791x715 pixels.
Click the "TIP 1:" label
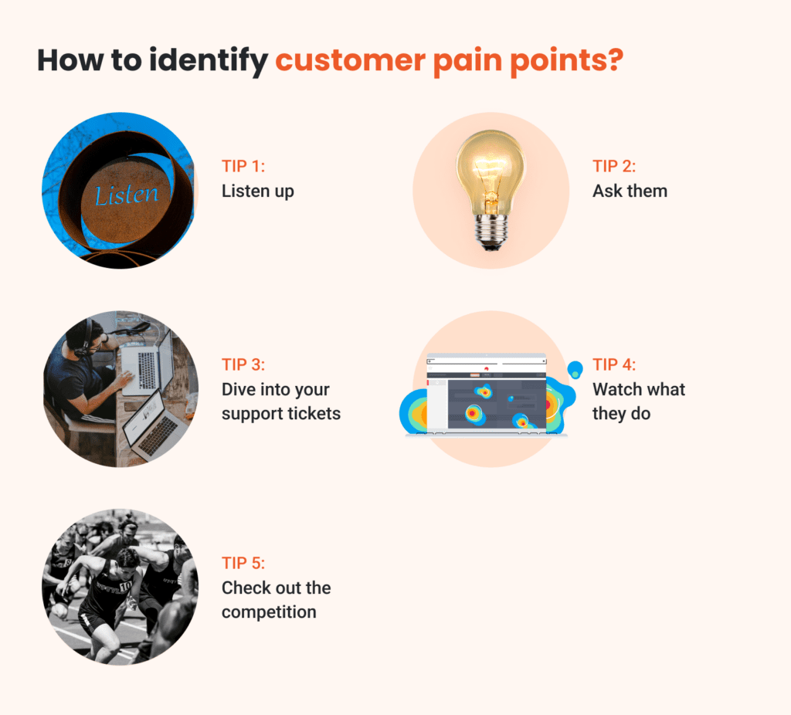[x=243, y=167]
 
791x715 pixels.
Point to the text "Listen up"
[x=258, y=191]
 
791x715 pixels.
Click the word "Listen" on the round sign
[x=126, y=195]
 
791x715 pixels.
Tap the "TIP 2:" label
[x=615, y=167]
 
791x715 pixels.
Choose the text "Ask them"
[x=630, y=191]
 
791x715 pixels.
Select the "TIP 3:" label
[x=244, y=365]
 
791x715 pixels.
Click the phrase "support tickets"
[x=281, y=413]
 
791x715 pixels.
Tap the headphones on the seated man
[x=87, y=337]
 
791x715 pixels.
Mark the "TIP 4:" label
[x=615, y=365]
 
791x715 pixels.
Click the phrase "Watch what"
[x=639, y=389]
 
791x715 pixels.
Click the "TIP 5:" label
[x=244, y=564]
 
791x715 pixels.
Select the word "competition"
[x=269, y=612]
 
